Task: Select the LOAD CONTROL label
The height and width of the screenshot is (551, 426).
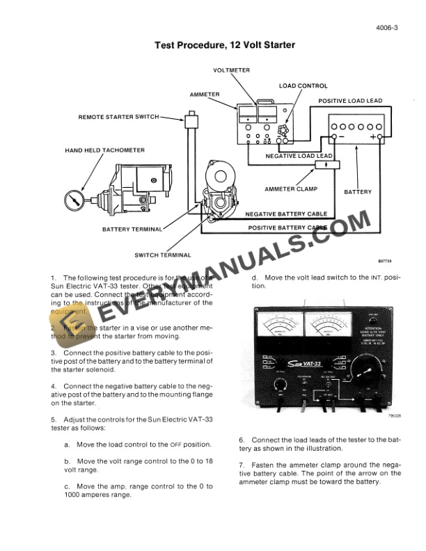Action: point(303,86)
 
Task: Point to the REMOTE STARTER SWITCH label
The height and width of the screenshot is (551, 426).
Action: point(118,118)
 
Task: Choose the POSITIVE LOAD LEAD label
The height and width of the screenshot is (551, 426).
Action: point(350,102)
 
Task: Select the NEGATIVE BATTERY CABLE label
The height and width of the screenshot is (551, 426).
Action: point(286,214)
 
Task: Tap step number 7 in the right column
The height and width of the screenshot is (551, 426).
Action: point(241,465)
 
